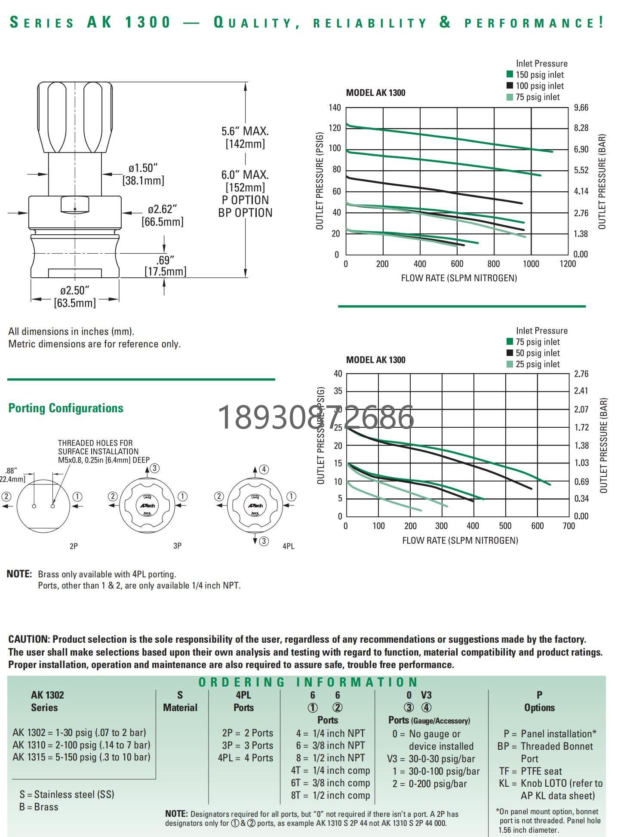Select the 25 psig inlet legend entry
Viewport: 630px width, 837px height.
[x=537, y=365]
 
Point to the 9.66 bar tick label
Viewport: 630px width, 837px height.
[x=581, y=107]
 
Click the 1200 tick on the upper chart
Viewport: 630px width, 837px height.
[x=568, y=264]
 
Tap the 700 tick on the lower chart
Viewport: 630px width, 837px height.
[x=569, y=526]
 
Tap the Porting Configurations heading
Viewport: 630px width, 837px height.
[x=66, y=408]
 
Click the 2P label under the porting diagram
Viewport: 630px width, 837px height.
[x=74, y=546]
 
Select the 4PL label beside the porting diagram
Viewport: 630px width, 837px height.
[x=288, y=546]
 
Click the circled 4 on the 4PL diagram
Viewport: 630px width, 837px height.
[x=264, y=469]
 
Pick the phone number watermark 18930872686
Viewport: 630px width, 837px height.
[x=316, y=417]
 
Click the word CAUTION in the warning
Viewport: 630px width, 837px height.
[x=28, y=639]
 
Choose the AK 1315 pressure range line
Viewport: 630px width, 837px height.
[x=81, y=757]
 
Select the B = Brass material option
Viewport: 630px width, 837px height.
[x=39, y=807]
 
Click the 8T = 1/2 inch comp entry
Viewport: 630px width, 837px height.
[x=330, y=795]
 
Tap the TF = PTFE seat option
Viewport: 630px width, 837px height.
[x=530, y=771]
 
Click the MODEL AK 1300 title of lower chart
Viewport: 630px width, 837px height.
[x=375, y=360]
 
